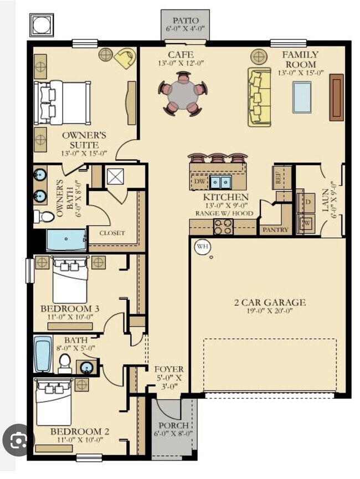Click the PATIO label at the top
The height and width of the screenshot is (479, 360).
(185, 20)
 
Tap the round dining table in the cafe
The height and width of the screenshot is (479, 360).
(183, 95)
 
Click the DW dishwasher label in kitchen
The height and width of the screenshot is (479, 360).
(199, 181)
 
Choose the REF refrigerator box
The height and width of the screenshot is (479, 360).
(279, 179)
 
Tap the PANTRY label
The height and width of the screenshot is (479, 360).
(275, 229)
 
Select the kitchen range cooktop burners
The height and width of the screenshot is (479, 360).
(223, 226)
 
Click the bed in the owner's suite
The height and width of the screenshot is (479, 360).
(62, 102)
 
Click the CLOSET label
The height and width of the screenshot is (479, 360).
(112, 233)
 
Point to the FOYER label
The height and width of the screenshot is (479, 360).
(168, 369)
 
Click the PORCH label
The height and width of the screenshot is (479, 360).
(174, 426)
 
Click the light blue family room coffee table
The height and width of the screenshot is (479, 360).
(302, 97)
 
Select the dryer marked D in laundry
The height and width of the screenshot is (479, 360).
(306, 202)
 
